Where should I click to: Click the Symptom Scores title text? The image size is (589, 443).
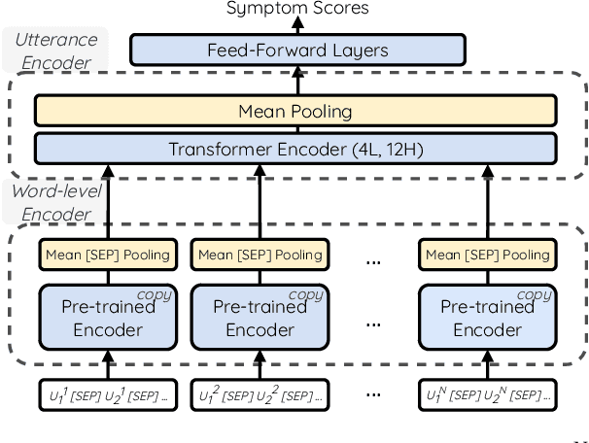[296, 9]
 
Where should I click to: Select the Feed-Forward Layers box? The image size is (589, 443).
[296, 51]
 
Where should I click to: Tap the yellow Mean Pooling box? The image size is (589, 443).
[296, 112]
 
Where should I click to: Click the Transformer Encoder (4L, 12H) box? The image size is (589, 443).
[296, 150]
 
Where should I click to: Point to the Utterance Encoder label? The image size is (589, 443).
[54, 51]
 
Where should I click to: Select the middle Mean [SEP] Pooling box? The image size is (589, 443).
[260, 256]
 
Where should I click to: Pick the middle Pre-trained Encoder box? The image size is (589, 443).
[260, 317]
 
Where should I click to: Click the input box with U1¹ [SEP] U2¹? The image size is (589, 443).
[108, 395]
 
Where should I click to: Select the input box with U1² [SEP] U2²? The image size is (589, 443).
[260, 395]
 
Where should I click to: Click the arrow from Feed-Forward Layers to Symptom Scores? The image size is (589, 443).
[296, 27]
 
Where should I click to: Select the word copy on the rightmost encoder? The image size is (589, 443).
[534, 294]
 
